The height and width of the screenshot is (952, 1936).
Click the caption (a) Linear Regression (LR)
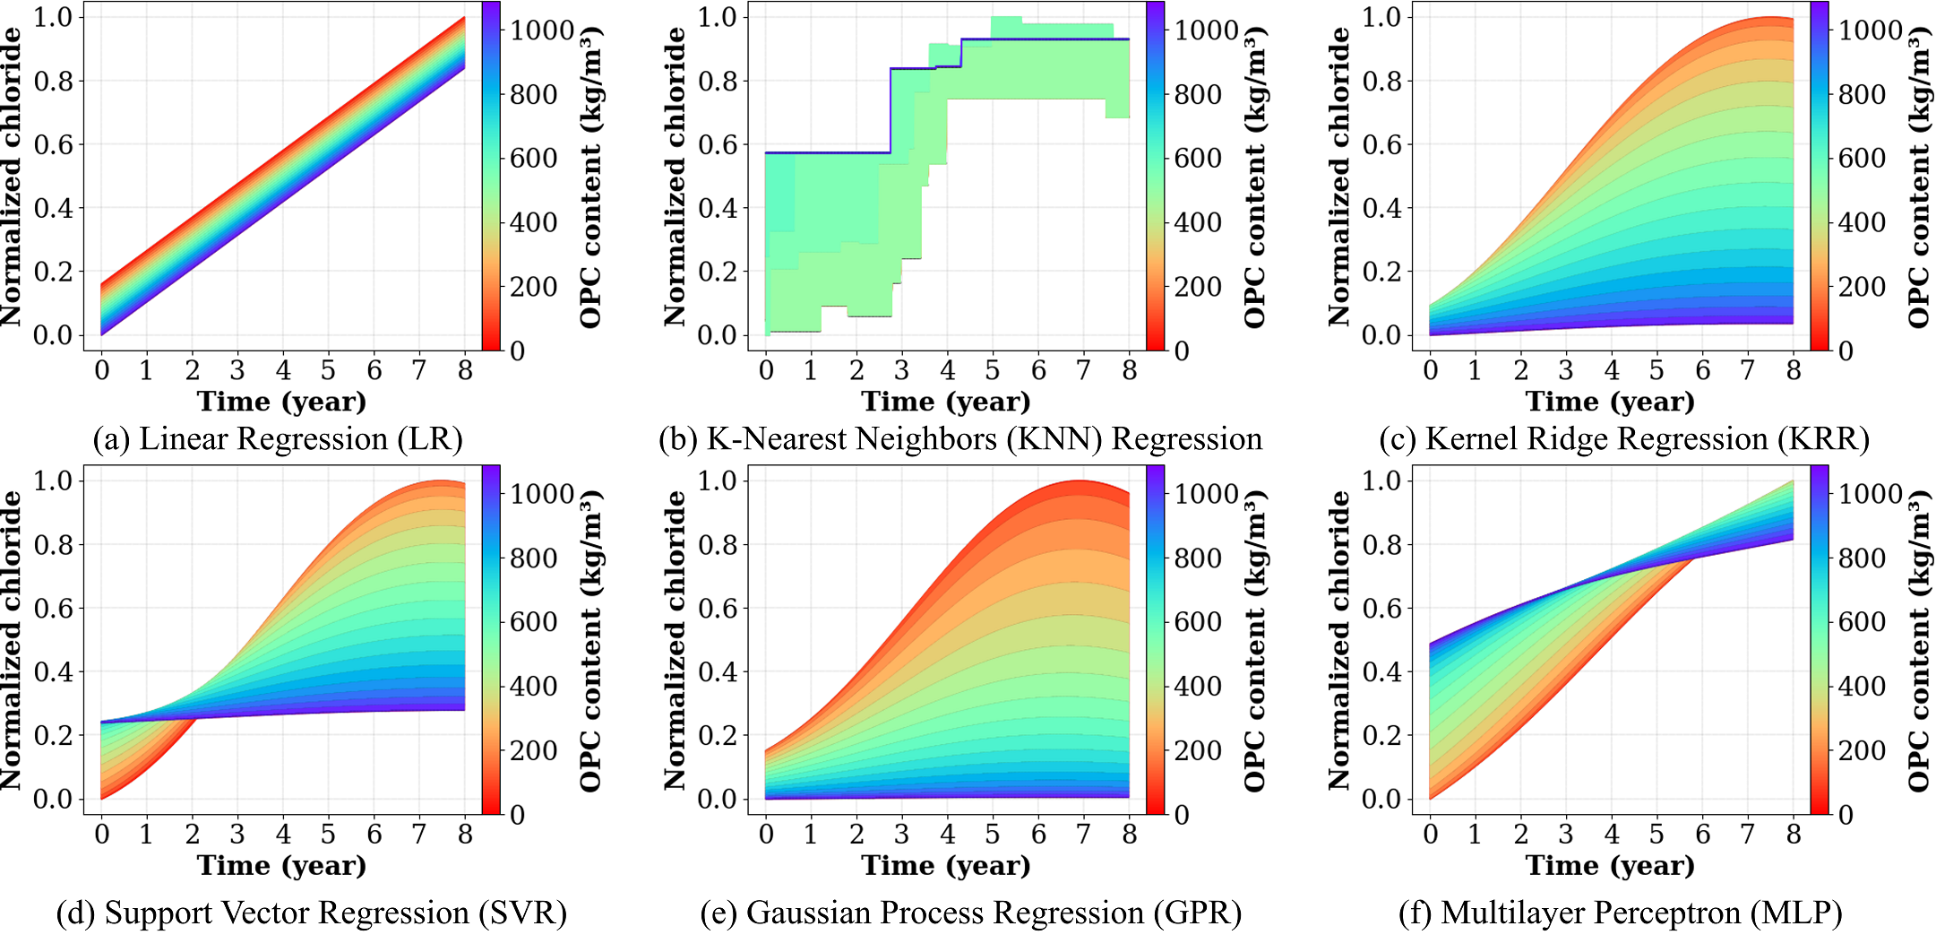pos(278,439)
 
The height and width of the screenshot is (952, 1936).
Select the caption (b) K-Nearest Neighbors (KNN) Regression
pos(960,439)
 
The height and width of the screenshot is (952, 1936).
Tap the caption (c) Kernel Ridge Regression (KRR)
pos(1624,439)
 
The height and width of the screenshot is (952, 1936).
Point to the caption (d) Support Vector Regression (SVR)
pos(311,913)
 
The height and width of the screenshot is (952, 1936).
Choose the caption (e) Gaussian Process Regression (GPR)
pos(971,913)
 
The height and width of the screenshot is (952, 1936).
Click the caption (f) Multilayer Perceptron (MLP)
pos(1620,913)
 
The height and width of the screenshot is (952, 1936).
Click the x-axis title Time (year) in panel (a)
pos(281,402)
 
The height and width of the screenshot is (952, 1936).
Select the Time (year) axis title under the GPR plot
pos(946,866)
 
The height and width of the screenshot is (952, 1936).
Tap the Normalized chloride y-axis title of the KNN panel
pos(675,176)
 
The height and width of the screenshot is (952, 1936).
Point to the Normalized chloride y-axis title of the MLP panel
pos(1339,640)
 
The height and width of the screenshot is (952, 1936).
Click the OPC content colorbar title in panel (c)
pos(1918,176)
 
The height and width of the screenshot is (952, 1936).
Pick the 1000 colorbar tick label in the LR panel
pos(542,30)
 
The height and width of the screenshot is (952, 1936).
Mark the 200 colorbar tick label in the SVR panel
pos(534,750)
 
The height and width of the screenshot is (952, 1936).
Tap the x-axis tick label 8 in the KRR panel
pos(1794,370)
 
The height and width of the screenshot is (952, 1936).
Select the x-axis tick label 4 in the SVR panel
pos(283,835)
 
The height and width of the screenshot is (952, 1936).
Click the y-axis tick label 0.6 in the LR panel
pos(53,144)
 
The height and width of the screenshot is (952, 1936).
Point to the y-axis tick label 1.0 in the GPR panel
pos(717,480)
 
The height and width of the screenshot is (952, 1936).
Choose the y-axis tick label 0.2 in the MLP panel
pos(1381,735)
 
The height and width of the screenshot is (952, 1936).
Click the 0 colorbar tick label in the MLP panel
pos(1846,815)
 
